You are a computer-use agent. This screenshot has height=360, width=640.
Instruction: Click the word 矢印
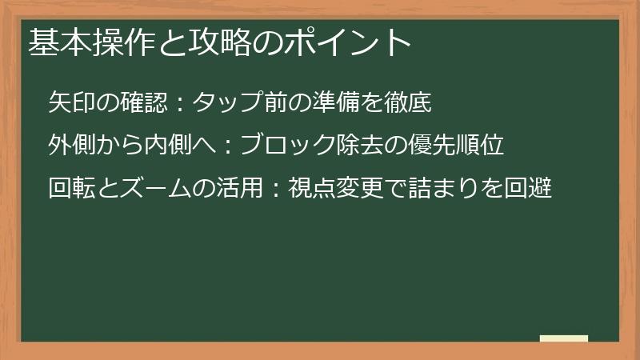pyautogui.click(x=73, y=103)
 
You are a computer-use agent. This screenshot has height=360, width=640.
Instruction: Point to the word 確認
pyautogui.click(x=146, y=103)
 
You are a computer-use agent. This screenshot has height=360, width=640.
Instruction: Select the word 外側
pyautogui.click(x=73, y=146)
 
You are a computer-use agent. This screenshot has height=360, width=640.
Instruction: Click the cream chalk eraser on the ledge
pyautogui.click(x=564, y=338)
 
